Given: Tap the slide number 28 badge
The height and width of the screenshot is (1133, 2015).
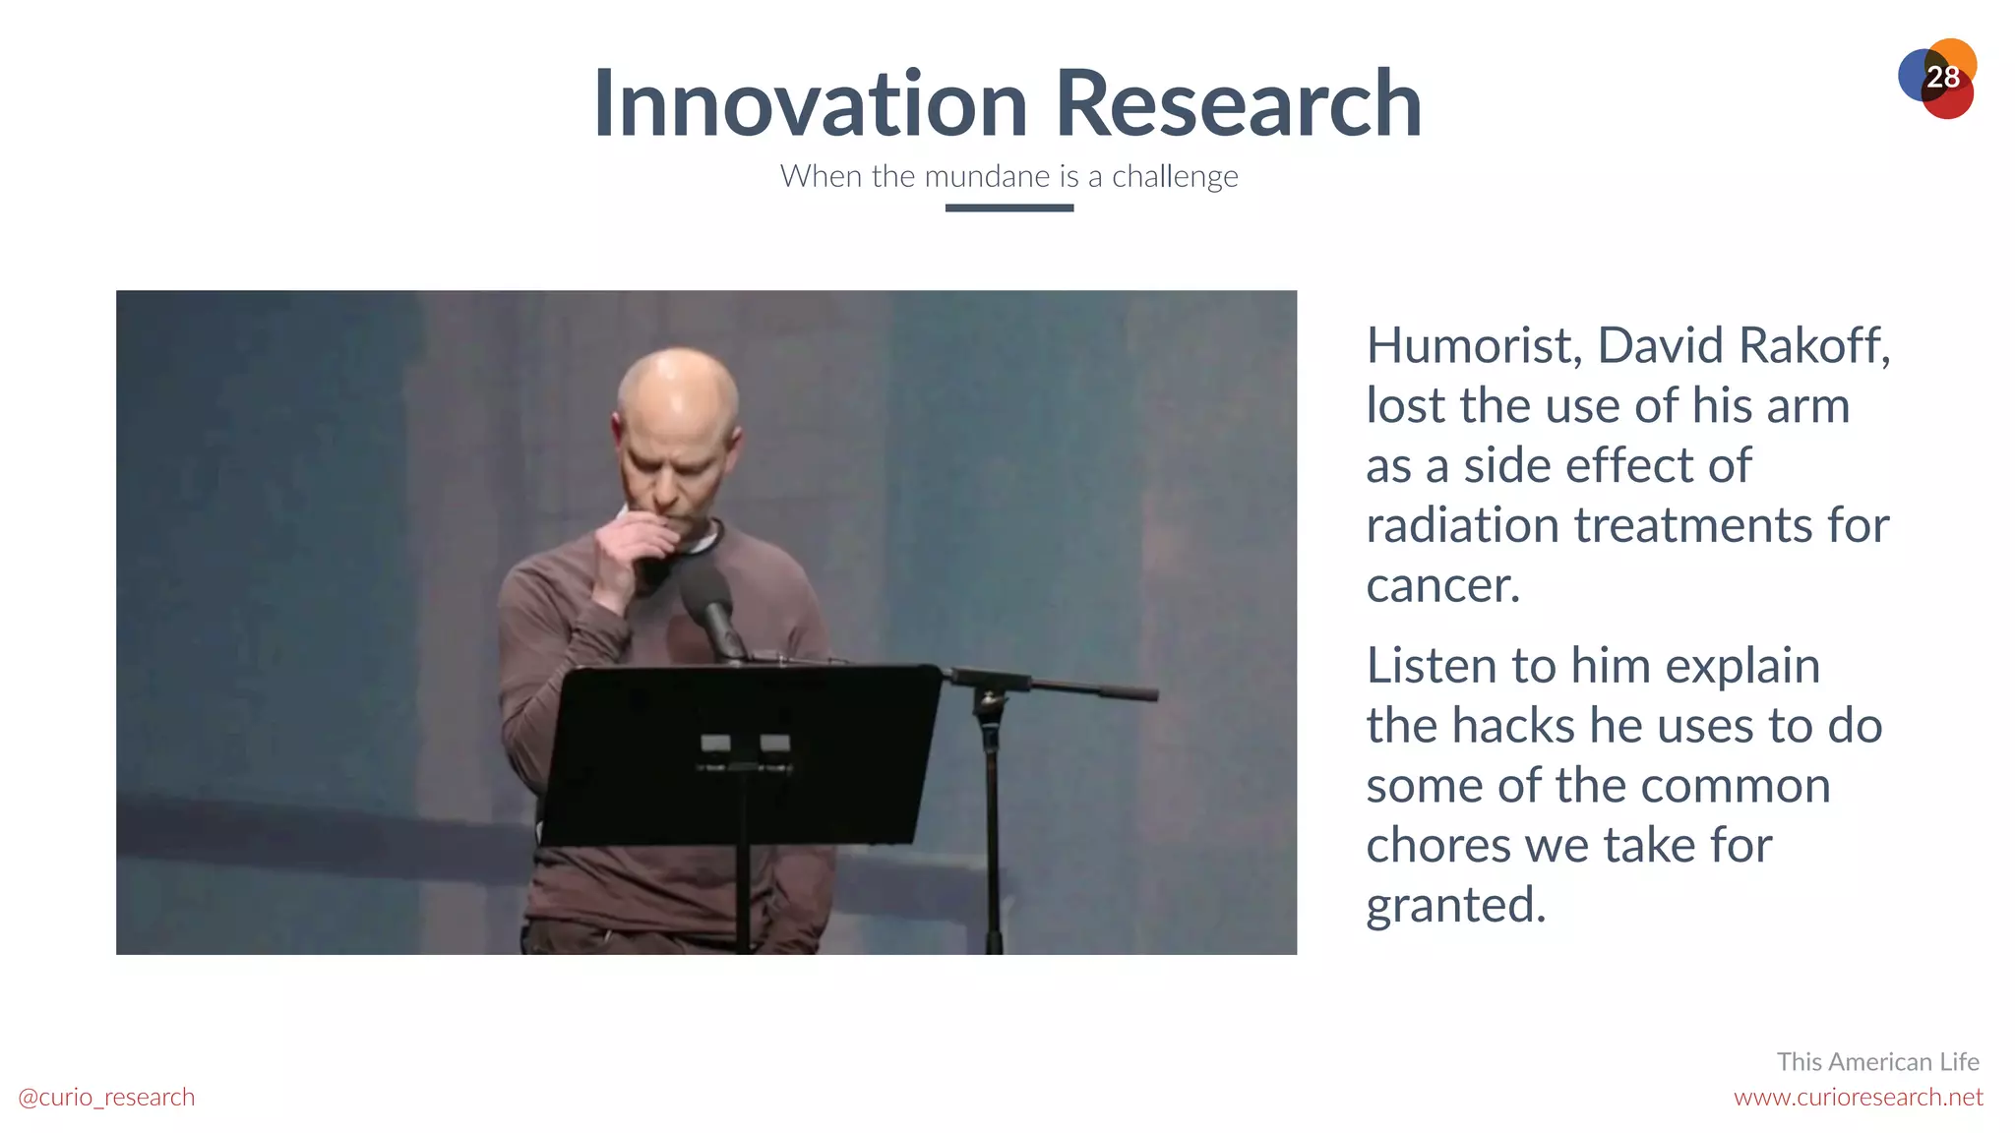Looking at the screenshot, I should click(1941, 78).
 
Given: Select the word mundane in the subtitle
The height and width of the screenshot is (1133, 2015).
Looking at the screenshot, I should click(987, 176).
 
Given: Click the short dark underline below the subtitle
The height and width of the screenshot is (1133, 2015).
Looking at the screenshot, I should click(1008, 208).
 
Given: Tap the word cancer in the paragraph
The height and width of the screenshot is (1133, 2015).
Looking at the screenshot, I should click(1441, 586).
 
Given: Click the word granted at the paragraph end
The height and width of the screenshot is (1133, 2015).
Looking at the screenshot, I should click(1455, 906).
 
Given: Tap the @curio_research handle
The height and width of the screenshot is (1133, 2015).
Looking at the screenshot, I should click(106, 1097).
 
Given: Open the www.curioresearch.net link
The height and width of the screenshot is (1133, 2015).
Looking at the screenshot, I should click(1858, 1097).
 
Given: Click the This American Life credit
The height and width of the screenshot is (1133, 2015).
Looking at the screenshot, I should click(1877, 1062).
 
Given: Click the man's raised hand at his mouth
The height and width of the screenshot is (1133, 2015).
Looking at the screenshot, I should click(630, 551).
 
